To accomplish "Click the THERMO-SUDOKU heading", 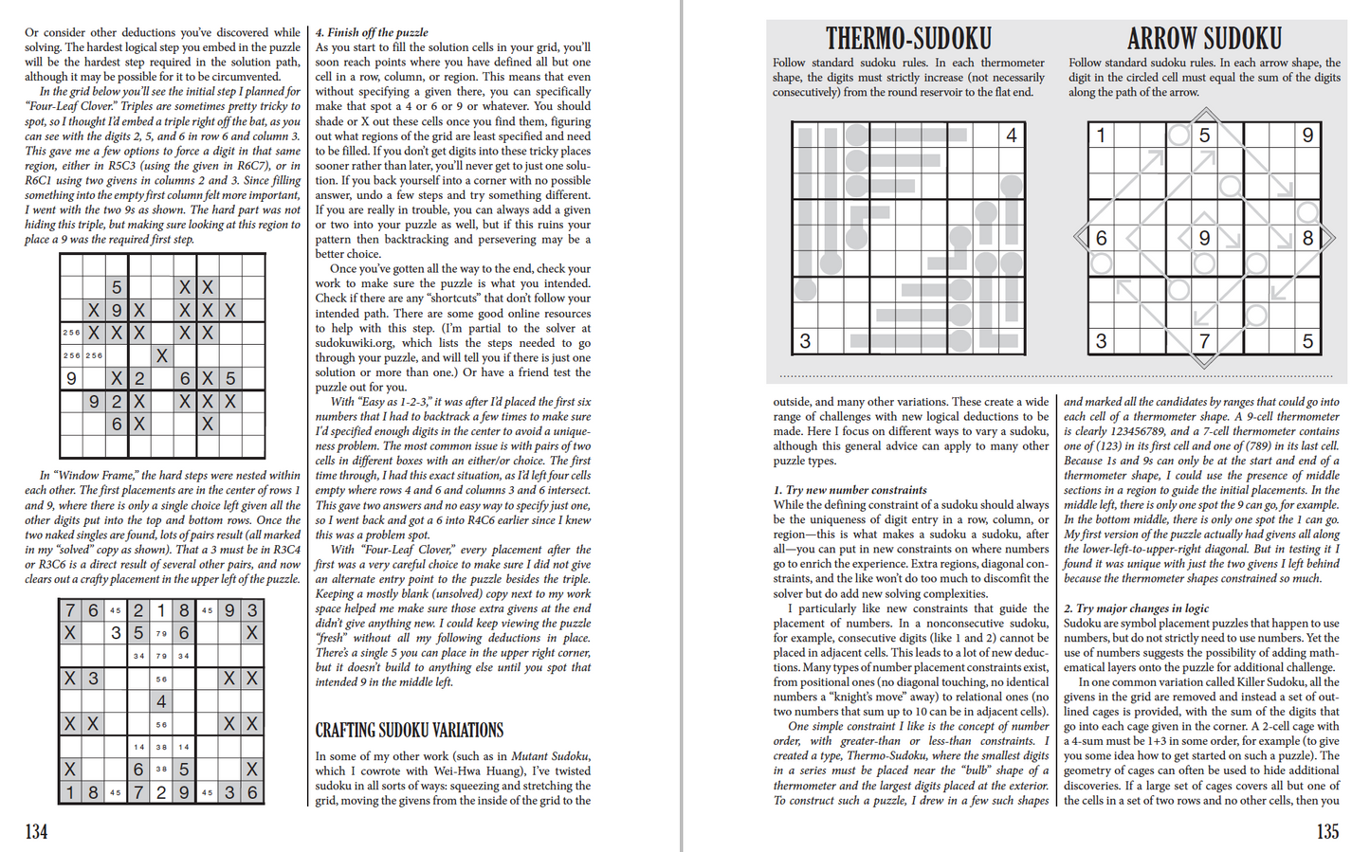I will pos(908,39).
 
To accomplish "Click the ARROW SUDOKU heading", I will pos(1204,39).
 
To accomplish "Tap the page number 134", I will pos(36,831).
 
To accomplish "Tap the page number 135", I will pos(1327,831).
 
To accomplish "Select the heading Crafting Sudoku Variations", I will pos(410,731).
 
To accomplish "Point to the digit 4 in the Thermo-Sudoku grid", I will pos(1011,136).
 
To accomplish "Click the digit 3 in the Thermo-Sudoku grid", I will pos(805,341).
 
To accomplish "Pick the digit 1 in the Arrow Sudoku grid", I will pos(1101,136).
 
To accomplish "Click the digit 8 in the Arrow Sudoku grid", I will pos(1307,238).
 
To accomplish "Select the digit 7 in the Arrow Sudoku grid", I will pos(1204,341).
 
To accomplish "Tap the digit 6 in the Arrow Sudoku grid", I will pos(1101,238).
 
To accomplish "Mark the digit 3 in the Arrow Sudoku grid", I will pos(1101,341).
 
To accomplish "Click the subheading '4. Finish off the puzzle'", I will pos(372,32).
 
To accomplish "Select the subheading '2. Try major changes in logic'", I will pos(1136,608).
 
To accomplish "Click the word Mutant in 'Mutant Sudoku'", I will pos(533,756).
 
